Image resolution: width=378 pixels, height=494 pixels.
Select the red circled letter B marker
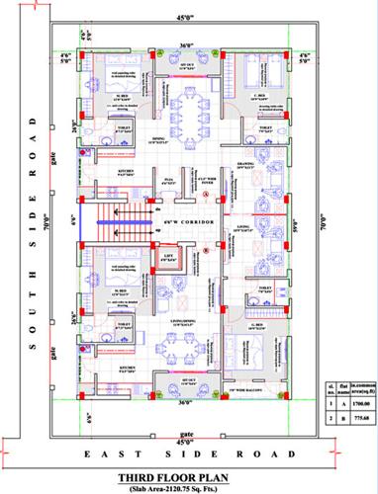pos(205,250)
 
